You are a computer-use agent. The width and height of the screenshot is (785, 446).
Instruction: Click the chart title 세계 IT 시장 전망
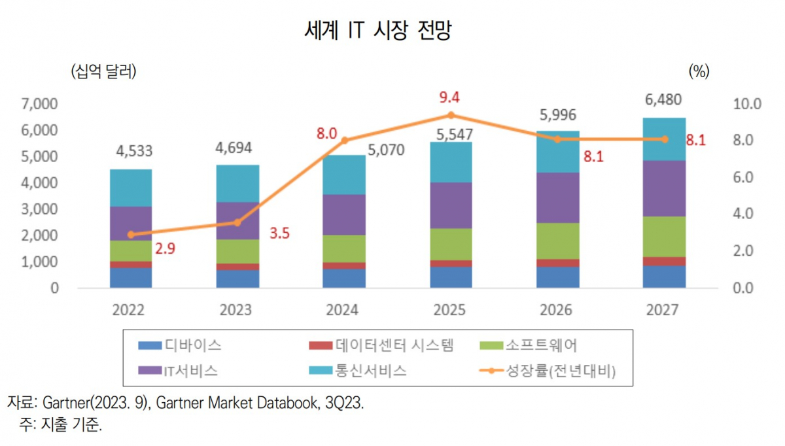click(378, 31)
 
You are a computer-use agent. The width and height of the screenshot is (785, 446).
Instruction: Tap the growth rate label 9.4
click(449, 97)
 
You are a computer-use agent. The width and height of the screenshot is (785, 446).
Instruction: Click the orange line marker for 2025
click(451, 116)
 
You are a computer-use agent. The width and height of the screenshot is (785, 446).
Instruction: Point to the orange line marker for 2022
click(131, 234)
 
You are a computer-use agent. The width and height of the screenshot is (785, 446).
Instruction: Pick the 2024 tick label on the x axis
click(343, 309)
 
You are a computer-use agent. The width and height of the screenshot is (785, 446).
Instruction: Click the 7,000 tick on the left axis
click(40, 103)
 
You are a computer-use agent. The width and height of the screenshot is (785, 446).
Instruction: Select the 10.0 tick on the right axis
click(747, 103)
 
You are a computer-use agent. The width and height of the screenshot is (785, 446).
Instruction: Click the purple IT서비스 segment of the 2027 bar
click(665, 188)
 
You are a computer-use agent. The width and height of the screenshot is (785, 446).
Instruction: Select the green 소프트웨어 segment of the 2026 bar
click(558, 241)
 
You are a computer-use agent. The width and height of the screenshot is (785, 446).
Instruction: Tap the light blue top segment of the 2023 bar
click(237, 184)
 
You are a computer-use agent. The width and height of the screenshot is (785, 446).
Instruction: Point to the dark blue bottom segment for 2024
click(344, 278)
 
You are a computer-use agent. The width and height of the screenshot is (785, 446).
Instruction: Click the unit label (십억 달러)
click(103, 71)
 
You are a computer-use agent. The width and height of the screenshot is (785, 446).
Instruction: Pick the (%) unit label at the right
click(699, 71)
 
